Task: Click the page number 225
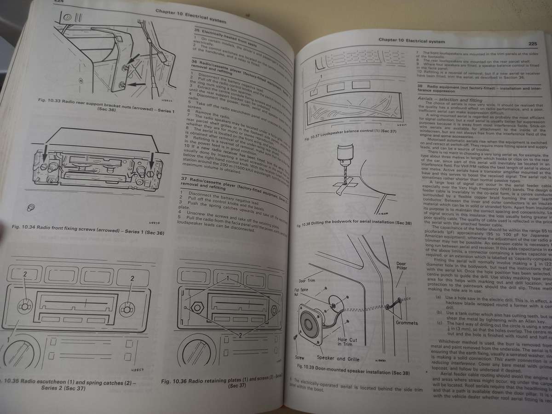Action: tap(533, 45)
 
